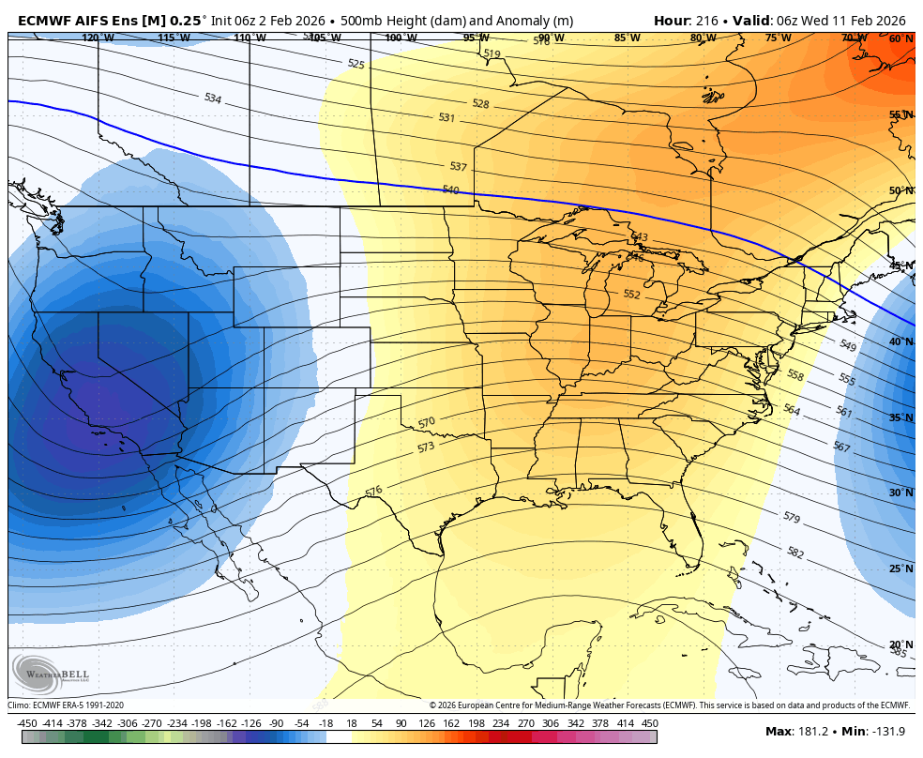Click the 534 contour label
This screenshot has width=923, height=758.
coord(213,99)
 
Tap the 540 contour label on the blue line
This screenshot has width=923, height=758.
coord(450,189)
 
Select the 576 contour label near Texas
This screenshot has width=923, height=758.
coord(373,491)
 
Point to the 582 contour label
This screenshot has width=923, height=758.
coord(795,553)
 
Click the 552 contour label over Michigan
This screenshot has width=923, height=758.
coord(631,294)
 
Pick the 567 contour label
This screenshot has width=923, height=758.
coord(841,447)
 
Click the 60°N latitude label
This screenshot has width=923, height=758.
coord(900,39)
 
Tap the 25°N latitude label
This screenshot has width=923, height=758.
coord(900,568)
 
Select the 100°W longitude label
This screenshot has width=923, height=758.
coord(401,38)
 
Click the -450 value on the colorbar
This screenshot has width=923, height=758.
coord(27,723)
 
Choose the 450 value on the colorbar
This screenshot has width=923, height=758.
coord(649,723)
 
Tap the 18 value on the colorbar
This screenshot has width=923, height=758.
coord(352,723)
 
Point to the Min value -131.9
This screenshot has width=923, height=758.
coord(887,732)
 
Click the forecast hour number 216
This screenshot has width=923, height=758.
coord(706,20)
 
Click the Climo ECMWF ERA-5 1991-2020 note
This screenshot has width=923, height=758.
coord(66,705)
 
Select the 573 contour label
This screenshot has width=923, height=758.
coord(426,447)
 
